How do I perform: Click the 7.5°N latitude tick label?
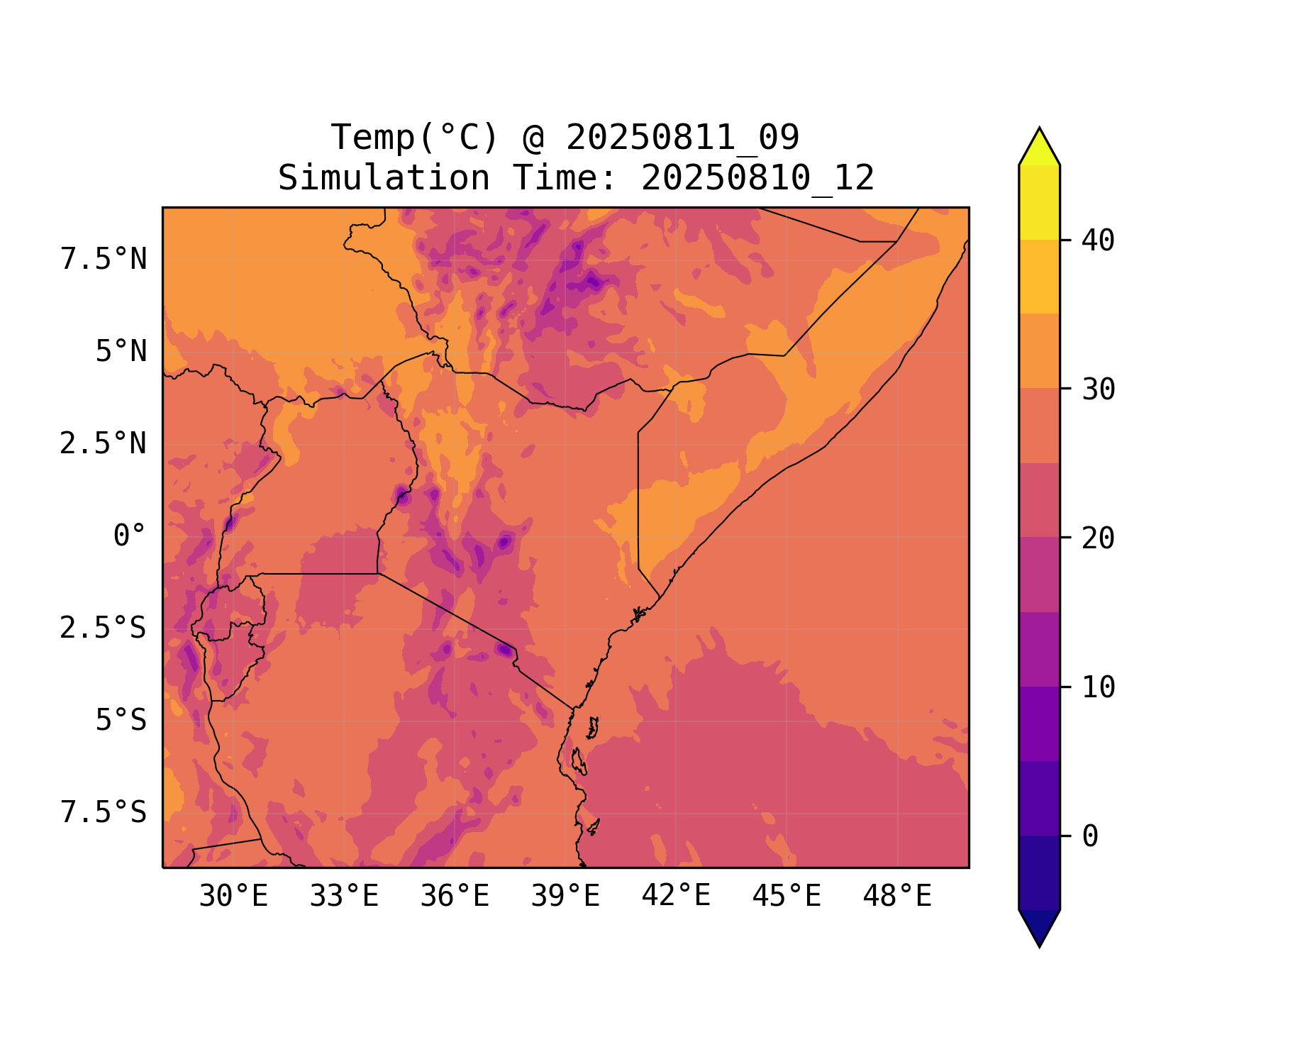(104, 260)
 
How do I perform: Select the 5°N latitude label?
(121, 352)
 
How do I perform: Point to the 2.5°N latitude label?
(104, 444)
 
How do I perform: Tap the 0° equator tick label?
(130, 536)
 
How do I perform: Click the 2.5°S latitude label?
(104, 628)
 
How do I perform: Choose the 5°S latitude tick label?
(121, 721)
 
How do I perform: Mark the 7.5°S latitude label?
(104, 813)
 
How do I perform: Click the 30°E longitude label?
(233, 897)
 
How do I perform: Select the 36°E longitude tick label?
(455, 897)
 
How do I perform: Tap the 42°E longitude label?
(676, 897)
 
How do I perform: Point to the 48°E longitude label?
(897, 897)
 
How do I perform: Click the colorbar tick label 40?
(1099, 241)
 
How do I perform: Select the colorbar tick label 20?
(1099, 538)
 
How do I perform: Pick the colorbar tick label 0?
(1090, 837)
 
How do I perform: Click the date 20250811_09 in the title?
(682, 138)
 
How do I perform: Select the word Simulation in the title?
(384, 178)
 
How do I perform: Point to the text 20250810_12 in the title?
(757, 178)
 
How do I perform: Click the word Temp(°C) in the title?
(415, 138)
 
